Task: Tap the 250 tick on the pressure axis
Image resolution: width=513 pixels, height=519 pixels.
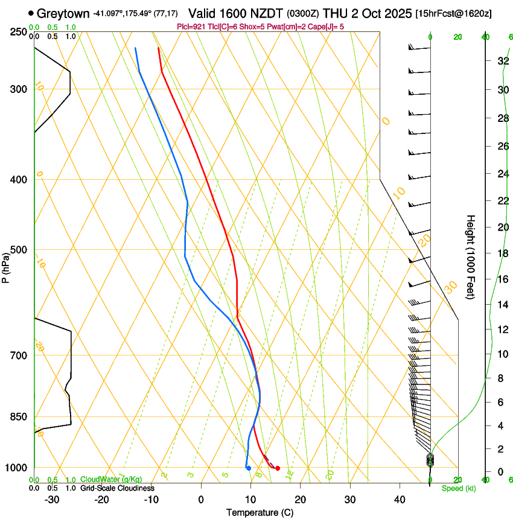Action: click(x=18, y=32)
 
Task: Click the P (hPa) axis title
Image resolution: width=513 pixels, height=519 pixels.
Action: click(x=6, y=264)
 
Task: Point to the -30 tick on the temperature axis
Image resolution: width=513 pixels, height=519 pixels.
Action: click(x=52, y=499)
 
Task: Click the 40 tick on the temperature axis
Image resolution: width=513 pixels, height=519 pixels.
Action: click(x=400, y=499)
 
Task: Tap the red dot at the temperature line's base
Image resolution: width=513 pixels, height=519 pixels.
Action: click(x=278, y=468)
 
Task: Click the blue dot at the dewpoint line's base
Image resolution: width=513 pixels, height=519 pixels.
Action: click(x=248, y=468)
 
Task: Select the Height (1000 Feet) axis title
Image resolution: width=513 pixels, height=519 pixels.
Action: click(x=471, y=256)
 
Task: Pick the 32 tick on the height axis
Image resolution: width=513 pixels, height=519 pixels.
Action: click(x=501, y=61)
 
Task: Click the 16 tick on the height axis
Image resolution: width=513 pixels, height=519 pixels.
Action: click(x=501, y=279)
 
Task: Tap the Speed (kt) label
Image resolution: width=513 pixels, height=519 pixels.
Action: click(x=458, y=488)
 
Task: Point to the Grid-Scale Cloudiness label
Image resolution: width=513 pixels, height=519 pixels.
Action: click(x=117, y=488)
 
